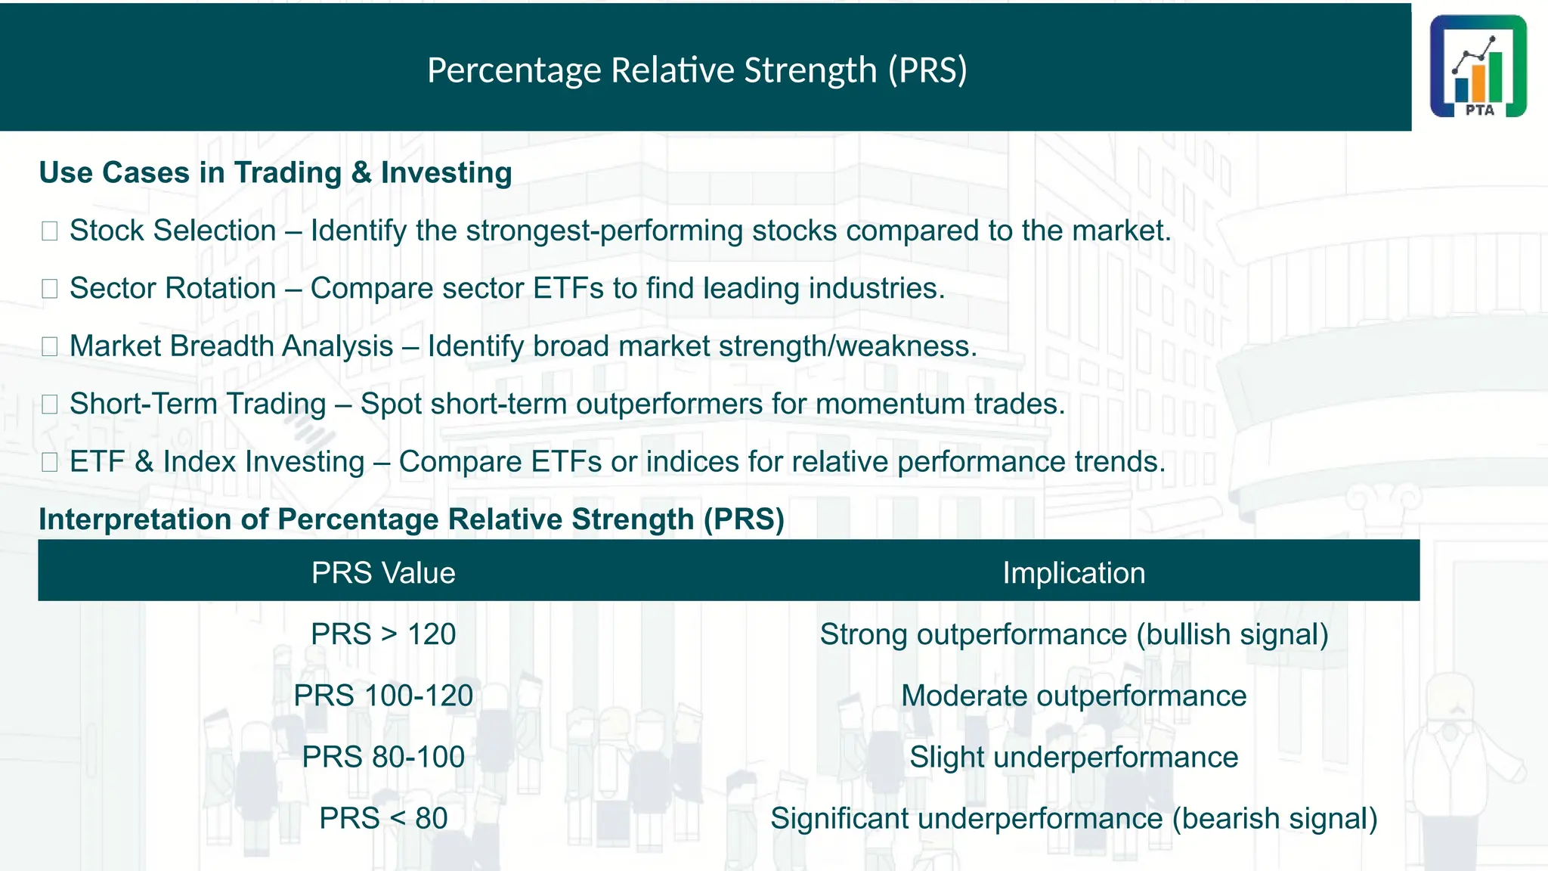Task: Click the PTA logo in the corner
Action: tap(1478, 67)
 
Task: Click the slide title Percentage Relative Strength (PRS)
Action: tap(697, 70)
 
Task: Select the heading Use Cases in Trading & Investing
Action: tap(275, 172)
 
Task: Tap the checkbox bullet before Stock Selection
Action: tap(50, 231)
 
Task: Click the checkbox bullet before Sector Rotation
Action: tap(50, 289)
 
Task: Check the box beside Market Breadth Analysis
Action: tap(50, 346)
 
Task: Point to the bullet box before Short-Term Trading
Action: tap(50, 405)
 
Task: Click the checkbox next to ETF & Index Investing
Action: tap(50, 462)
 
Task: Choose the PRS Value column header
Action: tap(383, 573)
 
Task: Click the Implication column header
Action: tap(1073, 573)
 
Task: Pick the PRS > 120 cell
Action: tap(383, 634)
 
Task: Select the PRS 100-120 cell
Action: tap(383, 696)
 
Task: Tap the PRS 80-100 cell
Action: tap(383, 757)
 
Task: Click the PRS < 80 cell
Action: tap(383, 818)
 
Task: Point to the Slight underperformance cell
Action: tap(1073, 757)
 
